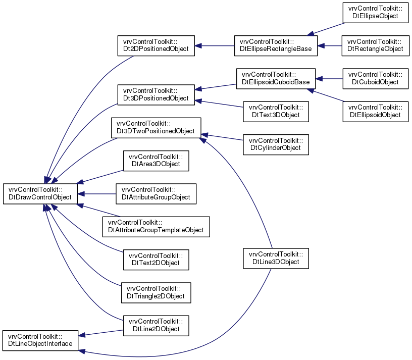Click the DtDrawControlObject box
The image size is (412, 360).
click(40, 194)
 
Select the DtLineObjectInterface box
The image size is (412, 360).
click(40, 340)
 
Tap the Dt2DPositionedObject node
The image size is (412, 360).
click(156, 46)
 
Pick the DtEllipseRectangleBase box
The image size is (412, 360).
click(276, 46)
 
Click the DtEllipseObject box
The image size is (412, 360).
click(376, 13)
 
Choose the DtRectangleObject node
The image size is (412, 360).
click(376, 46)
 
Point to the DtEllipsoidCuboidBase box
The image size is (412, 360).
click(276, 79)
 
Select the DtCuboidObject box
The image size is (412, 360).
click(376, 79)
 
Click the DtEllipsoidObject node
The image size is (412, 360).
click(376, 112)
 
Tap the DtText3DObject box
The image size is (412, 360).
click(276, 112)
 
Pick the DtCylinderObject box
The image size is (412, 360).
click(276, 144)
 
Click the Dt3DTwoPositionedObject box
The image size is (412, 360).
click(156, 128)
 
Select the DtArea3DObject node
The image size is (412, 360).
click(156, 161)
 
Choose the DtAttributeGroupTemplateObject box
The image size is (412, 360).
click(156, 227)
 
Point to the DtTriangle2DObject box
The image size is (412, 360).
click(156, 293)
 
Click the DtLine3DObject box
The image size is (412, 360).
click(276, 259)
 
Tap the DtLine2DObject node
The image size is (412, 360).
click(156, 326)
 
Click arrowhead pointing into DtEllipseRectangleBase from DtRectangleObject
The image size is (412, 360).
click(321, 46)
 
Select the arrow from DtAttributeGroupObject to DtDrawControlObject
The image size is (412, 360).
click(97, 194)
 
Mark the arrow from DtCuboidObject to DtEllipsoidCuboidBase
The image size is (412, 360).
click(329, 79)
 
